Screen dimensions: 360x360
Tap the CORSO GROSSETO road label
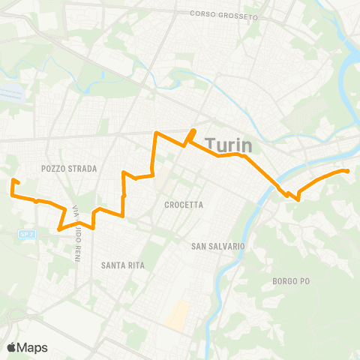click(x=223, y=14)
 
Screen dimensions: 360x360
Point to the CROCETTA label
click(x=184, y=204)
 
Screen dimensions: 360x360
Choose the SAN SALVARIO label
click(x=217, y=246)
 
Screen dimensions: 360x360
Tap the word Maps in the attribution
click(x=33, y=347)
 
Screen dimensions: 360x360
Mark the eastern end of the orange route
click(x=348, y=171)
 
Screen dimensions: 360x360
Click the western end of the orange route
click(x=13, y=181)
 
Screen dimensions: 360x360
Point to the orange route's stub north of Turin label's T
click(x=193, y=132)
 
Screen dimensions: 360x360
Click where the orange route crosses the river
click(x=276, y=185)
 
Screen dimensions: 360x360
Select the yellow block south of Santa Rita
click(x=178, y=315)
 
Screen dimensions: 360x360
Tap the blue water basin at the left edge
click(x=10, y=91)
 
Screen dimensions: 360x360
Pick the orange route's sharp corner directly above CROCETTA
click(x=154, y=133)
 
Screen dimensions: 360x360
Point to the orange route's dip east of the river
click(x=298, y=199)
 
